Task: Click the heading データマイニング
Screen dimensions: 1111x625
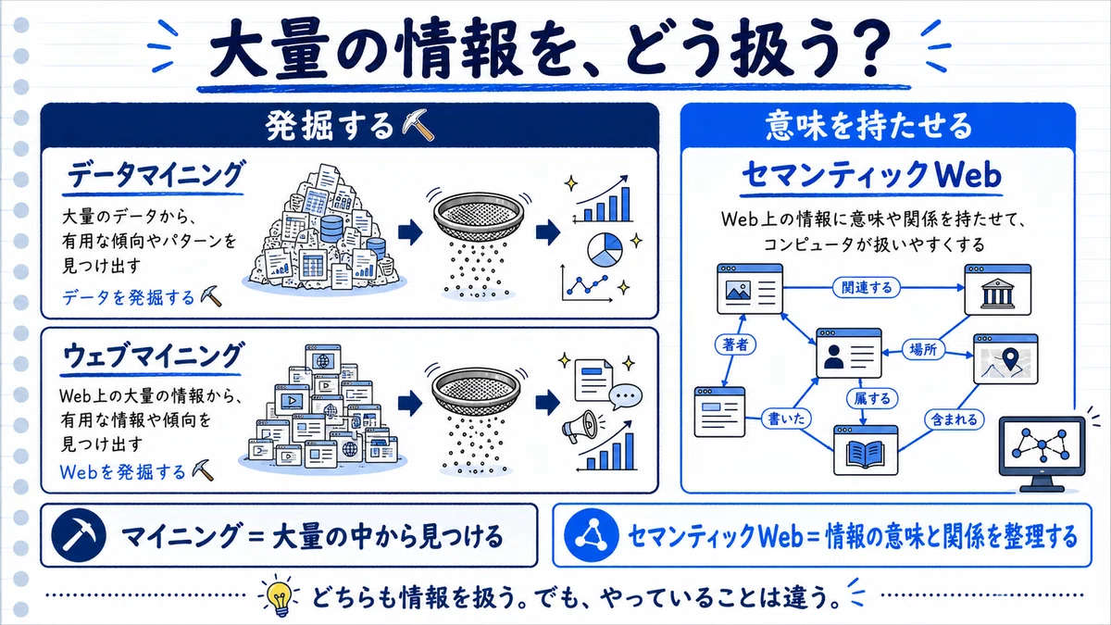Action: pos(155,175)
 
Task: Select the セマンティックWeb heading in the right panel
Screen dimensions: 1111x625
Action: pos(871,175)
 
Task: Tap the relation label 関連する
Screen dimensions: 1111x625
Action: pos(866,288)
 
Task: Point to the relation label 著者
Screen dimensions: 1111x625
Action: pos(735,344)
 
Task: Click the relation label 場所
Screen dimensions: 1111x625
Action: pos(923,350)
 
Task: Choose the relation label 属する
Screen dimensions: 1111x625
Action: pos(872,398)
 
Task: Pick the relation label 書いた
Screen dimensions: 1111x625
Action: pos(786,419)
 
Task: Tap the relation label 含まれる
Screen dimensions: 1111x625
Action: pos(954,419)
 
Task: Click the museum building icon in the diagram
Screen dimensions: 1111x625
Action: pos(997,294)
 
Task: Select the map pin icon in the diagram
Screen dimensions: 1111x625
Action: pos(1010,357)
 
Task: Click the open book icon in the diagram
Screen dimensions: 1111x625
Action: pos(866,454)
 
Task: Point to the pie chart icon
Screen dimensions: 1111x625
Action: pos(605,249)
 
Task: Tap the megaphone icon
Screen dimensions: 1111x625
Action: pos(580,426)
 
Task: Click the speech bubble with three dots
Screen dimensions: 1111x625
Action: pos(626,396)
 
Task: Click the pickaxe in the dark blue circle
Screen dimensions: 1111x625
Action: pos(79,535)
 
